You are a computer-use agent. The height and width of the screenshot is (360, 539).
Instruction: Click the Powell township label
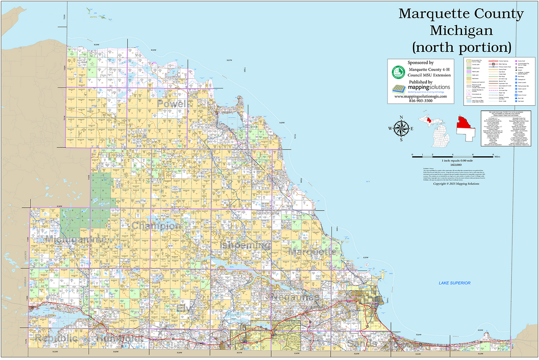click(172, 104)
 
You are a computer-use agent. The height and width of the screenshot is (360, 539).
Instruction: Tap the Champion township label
click(156, 226)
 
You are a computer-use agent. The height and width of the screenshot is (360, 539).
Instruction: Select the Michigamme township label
click(76, 240)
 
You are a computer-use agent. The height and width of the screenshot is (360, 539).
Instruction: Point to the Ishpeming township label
click(245, 245)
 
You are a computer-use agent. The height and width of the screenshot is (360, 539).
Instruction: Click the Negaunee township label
click(295, 297)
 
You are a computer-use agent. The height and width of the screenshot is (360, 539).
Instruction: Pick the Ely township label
click(184, 309)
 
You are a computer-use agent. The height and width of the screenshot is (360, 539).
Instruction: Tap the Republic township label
click(56, 338)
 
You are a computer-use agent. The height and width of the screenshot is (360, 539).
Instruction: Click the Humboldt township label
click(120, 338)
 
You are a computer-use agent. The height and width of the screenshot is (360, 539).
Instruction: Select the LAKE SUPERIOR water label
click(454, 283)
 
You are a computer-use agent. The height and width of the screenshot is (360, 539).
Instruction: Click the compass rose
click(402, 128)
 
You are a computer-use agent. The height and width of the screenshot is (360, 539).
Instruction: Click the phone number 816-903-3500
click(421, 101)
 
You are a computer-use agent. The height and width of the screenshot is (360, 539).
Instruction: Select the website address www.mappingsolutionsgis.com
click(421, 96)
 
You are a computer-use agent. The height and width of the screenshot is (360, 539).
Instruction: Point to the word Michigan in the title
click(461, 30)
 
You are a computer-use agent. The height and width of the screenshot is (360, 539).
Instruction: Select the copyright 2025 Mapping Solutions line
click(456, 184)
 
